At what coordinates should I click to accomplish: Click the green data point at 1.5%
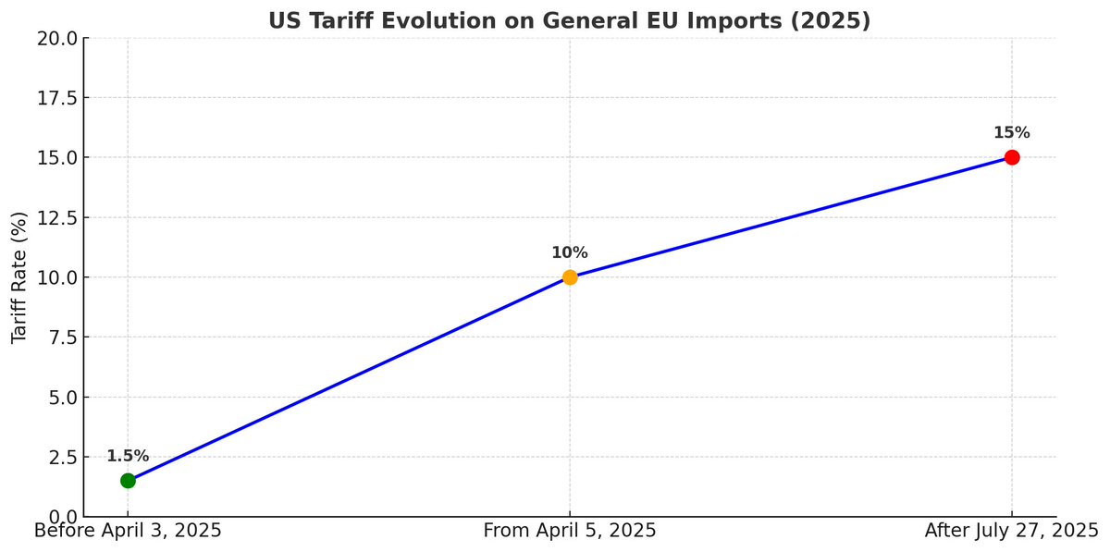tap(128, 481)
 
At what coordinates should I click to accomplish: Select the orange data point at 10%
tap(570, 277)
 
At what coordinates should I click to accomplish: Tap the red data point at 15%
tap(1012, 157)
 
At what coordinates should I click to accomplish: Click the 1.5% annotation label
tap(128, 456)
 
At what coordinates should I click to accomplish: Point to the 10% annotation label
tap(570, 252)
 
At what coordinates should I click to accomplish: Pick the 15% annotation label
tap(1012, 132)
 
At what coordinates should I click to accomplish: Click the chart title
tap(570, 20)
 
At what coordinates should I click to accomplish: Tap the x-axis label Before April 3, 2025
tap(128, 531)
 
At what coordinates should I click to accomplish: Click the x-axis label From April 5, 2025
tap(570, 531)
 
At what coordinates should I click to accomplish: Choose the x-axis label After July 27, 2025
tap(1011, 531)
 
